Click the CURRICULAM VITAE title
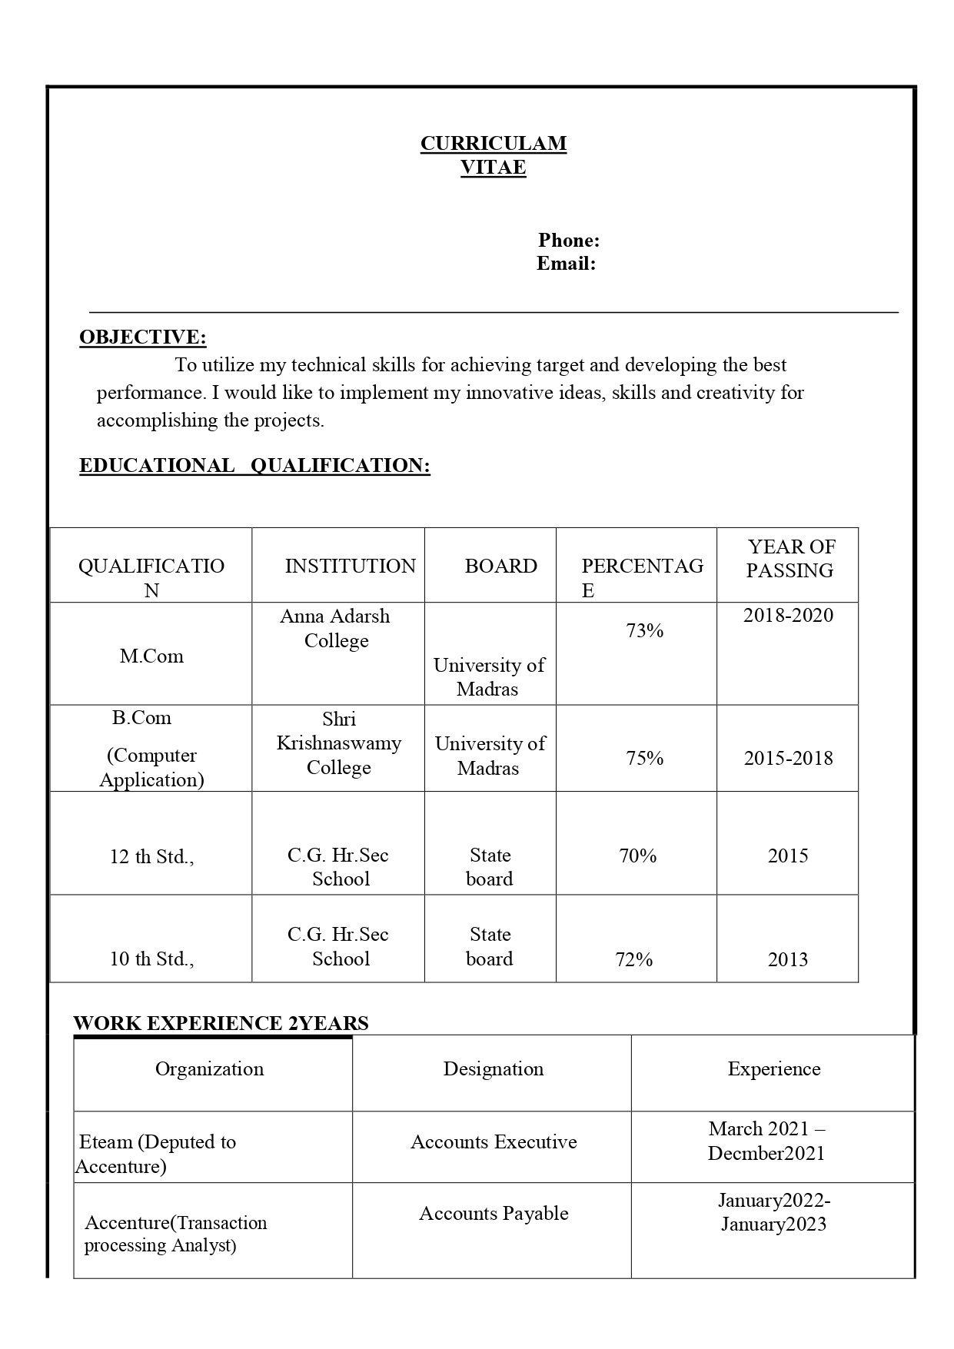[493, 155]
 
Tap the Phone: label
[569, 241]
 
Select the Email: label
[566, 264]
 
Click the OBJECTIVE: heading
[142, 337]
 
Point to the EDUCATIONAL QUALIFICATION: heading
[254, 466]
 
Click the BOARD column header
[500, 567]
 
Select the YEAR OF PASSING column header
[790, 559]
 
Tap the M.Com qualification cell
[151, 656]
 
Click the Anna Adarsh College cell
[336, 629]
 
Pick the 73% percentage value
[644, 631]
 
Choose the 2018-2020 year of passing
[788, 615]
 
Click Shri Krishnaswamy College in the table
[338, 743]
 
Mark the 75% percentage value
[644, 759]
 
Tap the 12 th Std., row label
[151, 857]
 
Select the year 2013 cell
[787, 959]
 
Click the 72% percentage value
[634, 959]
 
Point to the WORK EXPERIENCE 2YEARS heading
[221, 1023]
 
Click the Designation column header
[493, 1069]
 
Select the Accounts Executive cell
[494, 1142]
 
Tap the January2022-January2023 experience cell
[773, 1212]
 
